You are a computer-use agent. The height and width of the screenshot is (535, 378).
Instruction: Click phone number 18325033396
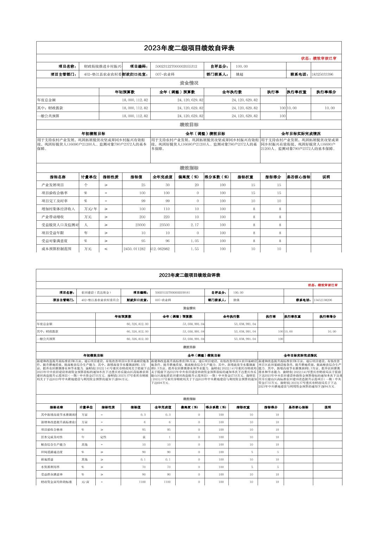coord(322,74)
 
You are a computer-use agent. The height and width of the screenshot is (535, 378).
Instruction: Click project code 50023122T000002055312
coord(176,66)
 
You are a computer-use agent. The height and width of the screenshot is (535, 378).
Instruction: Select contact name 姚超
coord(239,74)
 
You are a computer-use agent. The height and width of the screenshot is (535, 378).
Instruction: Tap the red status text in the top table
coord(319,58)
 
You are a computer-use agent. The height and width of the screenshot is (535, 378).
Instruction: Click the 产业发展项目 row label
coord(53,185)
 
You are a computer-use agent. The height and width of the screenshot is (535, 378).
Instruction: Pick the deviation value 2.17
coord(195,225)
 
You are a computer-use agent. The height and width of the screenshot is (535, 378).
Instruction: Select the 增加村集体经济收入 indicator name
coord(58,209)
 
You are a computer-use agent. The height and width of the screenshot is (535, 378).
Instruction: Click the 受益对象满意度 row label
coord(55,241)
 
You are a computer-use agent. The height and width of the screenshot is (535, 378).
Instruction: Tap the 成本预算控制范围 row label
coord(57,249)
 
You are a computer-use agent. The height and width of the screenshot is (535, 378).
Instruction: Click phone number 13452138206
coord(322,300)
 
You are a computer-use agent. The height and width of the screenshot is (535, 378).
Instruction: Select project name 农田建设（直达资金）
coord(96,292)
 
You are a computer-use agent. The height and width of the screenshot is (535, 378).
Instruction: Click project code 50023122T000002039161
coord(172,292)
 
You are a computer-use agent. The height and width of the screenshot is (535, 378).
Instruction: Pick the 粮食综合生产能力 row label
coord(53,445)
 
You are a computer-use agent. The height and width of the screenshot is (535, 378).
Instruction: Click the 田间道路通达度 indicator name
coord(52,452)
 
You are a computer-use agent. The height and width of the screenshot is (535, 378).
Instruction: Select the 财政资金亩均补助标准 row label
coord(56,482)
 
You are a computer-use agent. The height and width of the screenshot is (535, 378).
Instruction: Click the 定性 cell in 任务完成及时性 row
coord(103,437)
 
